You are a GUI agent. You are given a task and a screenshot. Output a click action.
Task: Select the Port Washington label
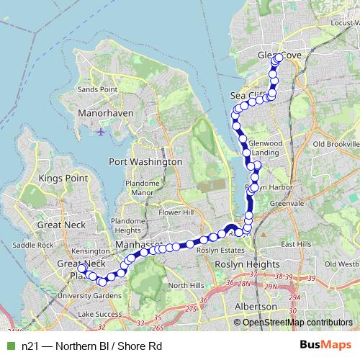(x=145, y=162)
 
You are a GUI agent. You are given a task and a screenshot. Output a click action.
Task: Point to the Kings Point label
(x=63, y=178)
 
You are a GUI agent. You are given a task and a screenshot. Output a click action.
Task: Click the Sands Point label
(x=98, y=89)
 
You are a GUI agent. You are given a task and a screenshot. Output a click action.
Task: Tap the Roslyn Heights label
(x=248, y=264)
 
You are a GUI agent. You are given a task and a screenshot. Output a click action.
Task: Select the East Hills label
(x=296, y=244)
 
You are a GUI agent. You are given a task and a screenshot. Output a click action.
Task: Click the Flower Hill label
(x=177, y=213)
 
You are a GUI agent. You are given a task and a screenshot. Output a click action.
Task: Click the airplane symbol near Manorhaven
(x=100, y=132)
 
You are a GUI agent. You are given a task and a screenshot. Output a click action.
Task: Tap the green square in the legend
(x=9, y=346)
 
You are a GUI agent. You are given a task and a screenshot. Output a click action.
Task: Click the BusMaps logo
(x=327, y=346)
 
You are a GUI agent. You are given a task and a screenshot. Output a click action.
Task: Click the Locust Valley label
(x=345, y=23)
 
